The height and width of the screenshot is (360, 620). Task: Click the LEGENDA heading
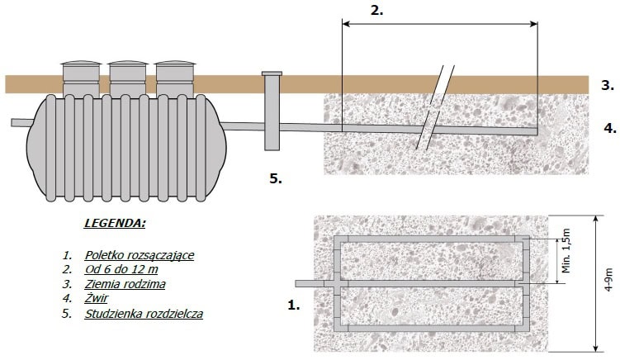115,223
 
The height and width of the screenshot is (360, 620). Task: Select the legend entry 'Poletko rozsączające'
139,254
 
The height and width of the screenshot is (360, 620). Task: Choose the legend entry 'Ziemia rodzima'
125,284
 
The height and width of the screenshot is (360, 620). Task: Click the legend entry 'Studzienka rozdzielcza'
144,314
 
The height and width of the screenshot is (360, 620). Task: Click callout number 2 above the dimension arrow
377,11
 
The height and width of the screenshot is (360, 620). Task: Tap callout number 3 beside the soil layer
607,85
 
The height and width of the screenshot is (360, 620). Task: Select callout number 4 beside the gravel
609,128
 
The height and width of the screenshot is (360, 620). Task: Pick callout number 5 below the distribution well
276,177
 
